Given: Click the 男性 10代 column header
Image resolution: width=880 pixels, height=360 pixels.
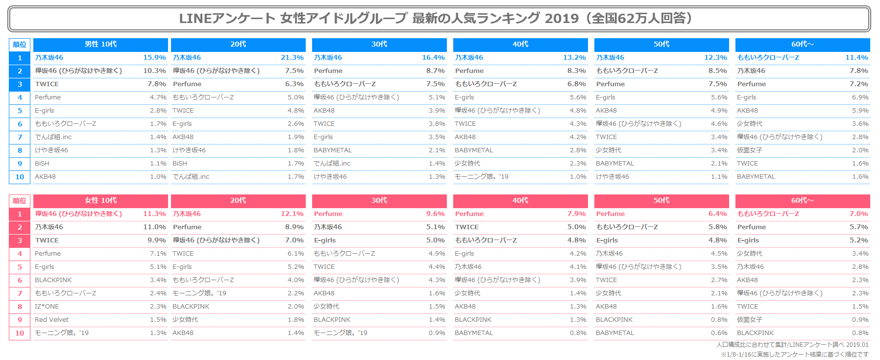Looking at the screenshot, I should [100, 45].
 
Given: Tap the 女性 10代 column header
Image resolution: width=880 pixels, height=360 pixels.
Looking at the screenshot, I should [100, 201].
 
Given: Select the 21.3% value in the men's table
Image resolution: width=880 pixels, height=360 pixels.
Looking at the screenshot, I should [292, 58].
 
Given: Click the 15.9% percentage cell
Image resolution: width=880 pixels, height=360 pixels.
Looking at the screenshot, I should [154, 58].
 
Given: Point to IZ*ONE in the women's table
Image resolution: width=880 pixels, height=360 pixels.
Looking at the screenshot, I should [47, 307].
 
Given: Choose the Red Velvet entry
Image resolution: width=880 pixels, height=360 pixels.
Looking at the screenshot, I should [51, 320].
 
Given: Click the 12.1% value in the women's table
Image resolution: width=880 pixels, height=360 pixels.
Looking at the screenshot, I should [292, 214].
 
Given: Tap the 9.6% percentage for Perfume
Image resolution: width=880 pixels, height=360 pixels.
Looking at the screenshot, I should [435, 214].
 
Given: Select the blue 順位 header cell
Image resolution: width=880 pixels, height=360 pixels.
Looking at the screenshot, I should [20, 45].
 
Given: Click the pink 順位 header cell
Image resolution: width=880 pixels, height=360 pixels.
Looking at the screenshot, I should [20, 201].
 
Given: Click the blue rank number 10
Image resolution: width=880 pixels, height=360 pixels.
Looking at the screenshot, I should [20, 177].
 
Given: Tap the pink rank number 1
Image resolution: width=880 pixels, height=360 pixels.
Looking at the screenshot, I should [20, 214].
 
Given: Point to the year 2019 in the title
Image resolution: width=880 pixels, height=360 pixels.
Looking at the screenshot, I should [562, 19].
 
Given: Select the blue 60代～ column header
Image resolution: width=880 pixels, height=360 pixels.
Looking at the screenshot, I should [802, 45].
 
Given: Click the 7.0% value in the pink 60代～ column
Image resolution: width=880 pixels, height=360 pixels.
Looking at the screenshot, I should [858, 214].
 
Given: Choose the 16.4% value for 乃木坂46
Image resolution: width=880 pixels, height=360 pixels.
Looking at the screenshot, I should [433, 58].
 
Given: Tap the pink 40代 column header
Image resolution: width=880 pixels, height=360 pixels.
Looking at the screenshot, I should [520, 201].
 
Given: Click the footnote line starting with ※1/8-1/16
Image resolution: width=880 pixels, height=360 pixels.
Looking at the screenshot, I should [794, 354].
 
